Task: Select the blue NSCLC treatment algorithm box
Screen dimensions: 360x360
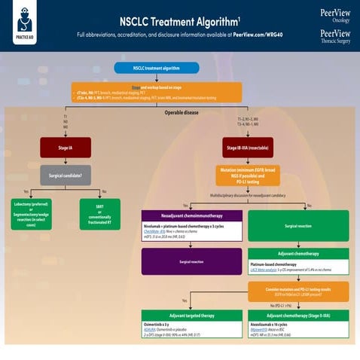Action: [x=156, y=68]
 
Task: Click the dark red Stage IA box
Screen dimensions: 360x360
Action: [x=66, y=147]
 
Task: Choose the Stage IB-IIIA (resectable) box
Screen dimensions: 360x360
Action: [x=249, y=147]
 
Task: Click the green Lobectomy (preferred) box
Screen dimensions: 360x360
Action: [x=31, y=214]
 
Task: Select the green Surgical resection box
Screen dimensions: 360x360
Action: [x=299, y=226]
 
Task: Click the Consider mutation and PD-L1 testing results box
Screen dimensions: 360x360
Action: [x=299, y=291]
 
